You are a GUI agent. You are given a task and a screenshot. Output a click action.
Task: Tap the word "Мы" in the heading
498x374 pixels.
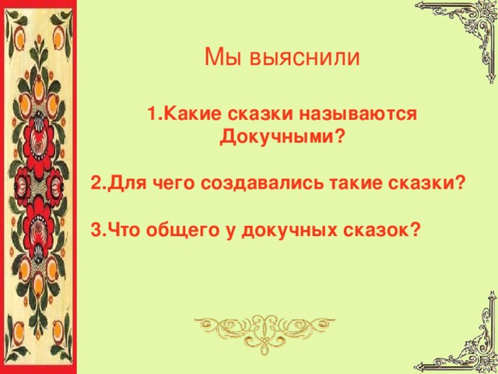(x=218, y=58)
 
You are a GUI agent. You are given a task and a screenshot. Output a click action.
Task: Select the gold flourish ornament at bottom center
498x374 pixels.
(x=249, y=330)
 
